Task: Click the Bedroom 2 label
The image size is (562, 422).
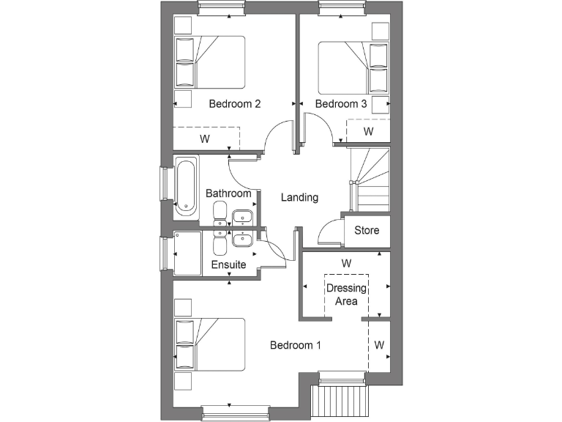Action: (x=235, y=104)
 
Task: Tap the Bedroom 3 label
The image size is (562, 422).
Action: (x=341, y=104)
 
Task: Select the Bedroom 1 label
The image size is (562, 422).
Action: (x=295, y=345)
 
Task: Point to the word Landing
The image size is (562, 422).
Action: (x=300, y=197)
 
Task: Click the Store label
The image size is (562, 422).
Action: (x=367, y=230)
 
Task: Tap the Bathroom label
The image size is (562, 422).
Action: (x=228, y=193)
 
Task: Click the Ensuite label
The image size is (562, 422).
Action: (x=228, y=264)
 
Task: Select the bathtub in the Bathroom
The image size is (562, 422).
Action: (x=186, y=188)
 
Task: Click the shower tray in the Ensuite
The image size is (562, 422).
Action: (x=187, y=253)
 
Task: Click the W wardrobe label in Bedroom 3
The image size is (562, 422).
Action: (x=369, y=132)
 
